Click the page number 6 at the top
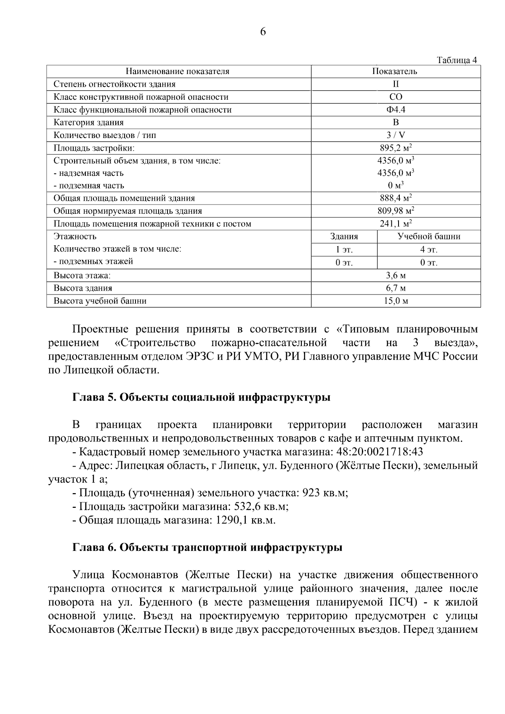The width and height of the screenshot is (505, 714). pyautogui.click(x=263, y=32)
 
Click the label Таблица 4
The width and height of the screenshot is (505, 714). pyautogui.click(x=457, y=60)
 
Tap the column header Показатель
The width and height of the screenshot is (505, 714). pyautogui.click(x=395, y=71)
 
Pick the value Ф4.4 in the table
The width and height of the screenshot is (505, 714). pyautogui.click(x=395, y=110)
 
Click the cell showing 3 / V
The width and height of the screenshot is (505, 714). pyautogui.click(x=395, y=135)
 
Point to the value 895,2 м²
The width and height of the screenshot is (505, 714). pyautogui.click(x=395, y=148)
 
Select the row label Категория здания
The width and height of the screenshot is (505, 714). pyautogui.click(x=89, y=122)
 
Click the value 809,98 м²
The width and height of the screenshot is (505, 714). pyautogui.click(x=395, y=211)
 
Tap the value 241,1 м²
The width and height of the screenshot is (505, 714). pyautogui.click(x=395, y=223)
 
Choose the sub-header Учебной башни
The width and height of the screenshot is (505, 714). pyautogui.click(x=429, y=236)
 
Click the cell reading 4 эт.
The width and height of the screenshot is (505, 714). pyautogui.click(x=429, y=250)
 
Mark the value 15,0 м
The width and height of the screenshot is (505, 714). pyautogui.click(x=395, y=301)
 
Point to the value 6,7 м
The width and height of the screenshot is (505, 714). pyautogui.click(x=395, y=288)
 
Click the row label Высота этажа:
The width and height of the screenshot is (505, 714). pyautogui.click(x=82, y=276)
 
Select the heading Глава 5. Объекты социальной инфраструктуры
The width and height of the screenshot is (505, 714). pyautogui.click(x=201, y=398)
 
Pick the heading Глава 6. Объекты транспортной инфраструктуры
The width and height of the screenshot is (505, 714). pyautogui.click(x=207, y=547)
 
